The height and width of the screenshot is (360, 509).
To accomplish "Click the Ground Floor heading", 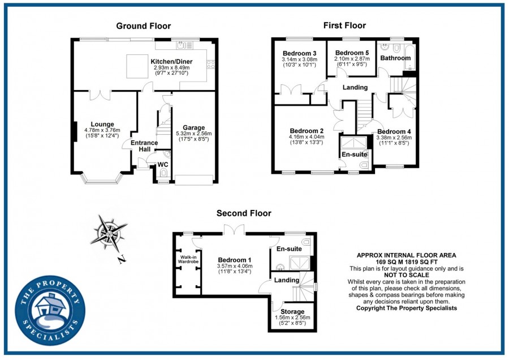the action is pyautogui.click(x=144, y=26).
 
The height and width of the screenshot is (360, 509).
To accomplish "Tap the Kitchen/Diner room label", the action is pyautogui.click(x=171, y=61).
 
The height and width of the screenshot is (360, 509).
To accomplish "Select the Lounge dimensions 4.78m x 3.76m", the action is pyautogui.click(x=102, y=130).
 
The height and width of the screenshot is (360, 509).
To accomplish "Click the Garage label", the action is pyautogui.click(x=194, y=128).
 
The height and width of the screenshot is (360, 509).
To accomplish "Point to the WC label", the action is pyautogui.click(x=163, y=165).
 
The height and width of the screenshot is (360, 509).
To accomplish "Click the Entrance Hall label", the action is pyautogui.click(x=144, y=146).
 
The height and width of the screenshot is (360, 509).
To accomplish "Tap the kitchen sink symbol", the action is pyautogui.click(x=184, y=45).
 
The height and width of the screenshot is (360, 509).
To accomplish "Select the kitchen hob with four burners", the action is pyautogui.click(x=211, y=65).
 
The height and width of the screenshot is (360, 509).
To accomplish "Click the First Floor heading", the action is pyautogui.click(x=344, y=25).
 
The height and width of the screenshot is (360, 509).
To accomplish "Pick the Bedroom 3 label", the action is pyautogui.click(x=299, y=53).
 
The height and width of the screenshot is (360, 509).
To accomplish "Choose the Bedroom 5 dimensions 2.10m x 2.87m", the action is pyautogui.click(x=352, y=59).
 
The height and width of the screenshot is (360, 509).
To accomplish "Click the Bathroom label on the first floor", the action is pyautogui.click(x=395, y=58).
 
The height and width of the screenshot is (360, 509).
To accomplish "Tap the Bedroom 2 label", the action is pyautogui.click(x=307, y=131).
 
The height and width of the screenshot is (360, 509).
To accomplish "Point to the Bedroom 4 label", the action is pyautogui.click(x=394, y=131).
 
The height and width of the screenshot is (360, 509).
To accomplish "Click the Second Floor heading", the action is pyautogui.click(x=244, y=213).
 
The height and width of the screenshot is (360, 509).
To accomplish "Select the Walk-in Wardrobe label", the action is pyautogui.click(x=188, y=259).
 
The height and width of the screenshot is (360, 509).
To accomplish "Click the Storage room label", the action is pyautogui.click(x=292, y=311).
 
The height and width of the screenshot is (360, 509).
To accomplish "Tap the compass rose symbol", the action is pyautogui.click(x=109, y=234).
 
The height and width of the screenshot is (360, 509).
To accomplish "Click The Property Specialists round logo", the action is pyautogui.click(x=50, y=311).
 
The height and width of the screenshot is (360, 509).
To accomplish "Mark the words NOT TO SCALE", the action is pyautogui.click(x=407, y=275).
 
